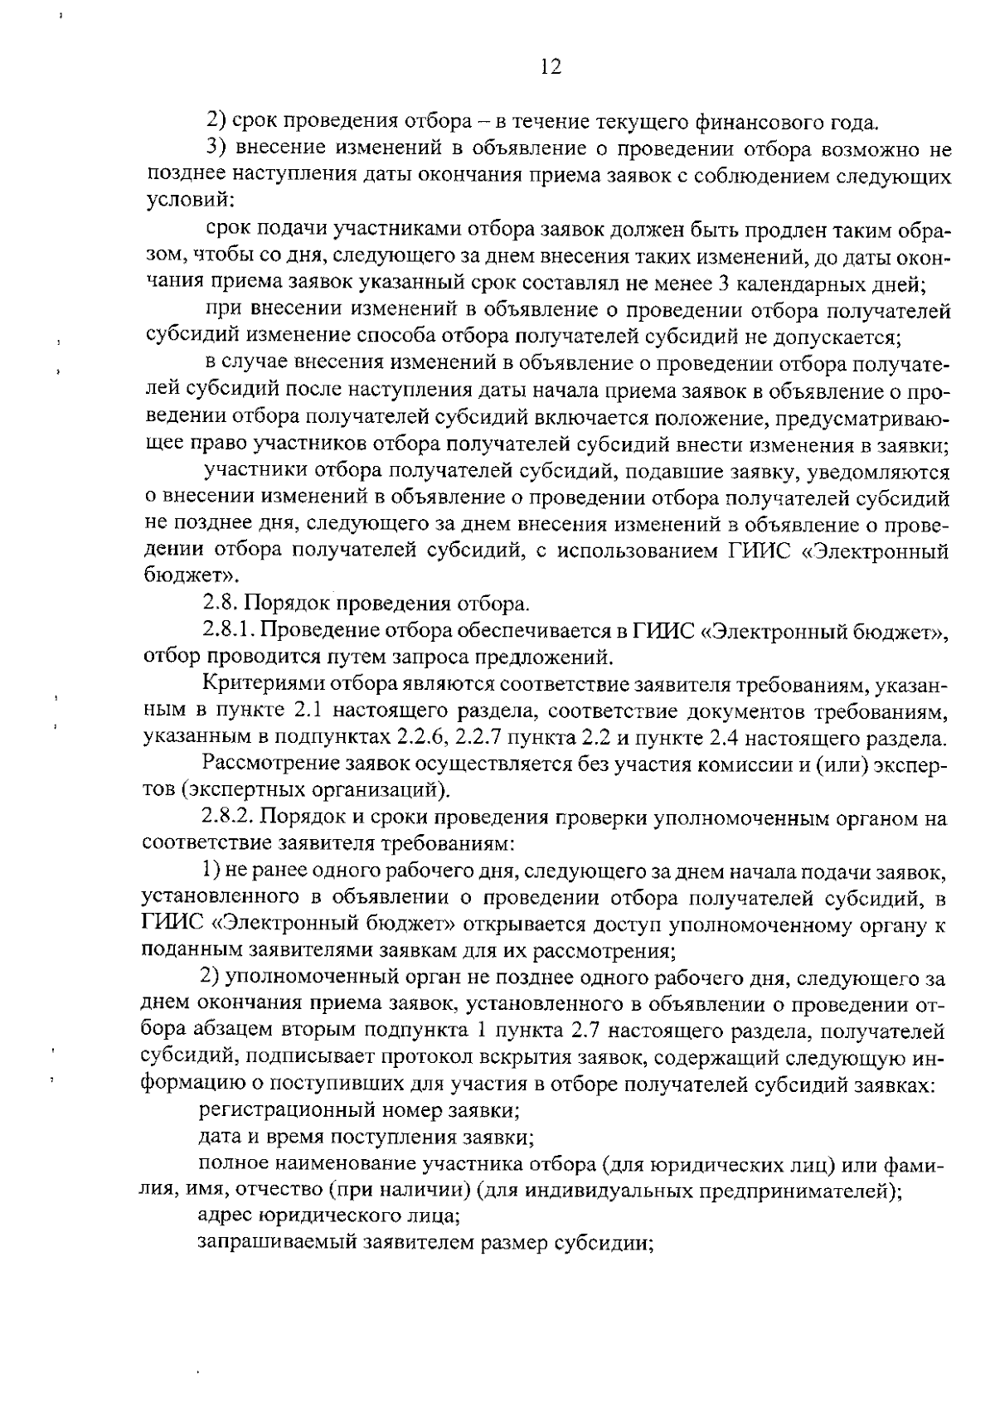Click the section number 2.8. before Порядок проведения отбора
coord(221,603)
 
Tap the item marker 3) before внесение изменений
coord(215,149)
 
